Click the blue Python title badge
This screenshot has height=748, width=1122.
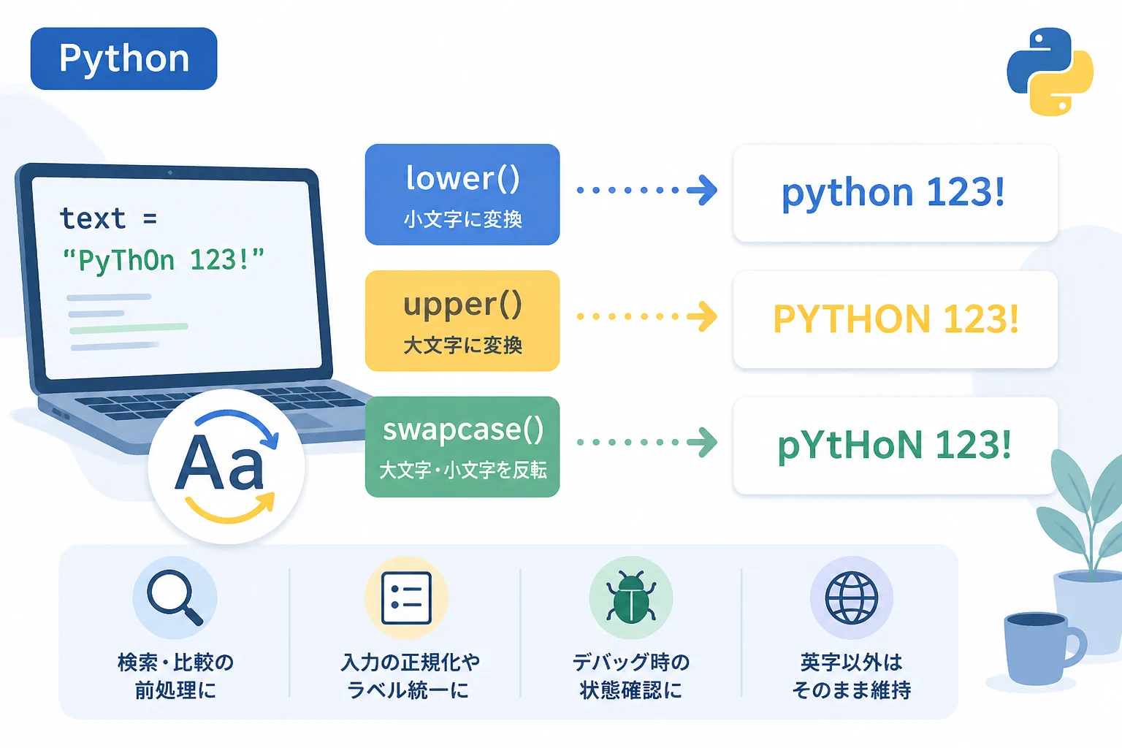point(123,58)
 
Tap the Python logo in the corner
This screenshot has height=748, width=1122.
point(1050,72)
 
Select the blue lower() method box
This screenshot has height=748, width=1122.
point(462,194)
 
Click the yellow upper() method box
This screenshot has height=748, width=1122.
point(462,321)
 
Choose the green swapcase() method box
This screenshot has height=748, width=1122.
point(462,447)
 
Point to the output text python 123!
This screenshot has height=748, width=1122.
point(893,193)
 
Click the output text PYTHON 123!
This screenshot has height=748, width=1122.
point(896,318)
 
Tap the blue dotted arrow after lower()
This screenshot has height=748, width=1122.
point(646,190)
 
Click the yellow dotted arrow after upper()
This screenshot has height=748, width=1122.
point(646,316)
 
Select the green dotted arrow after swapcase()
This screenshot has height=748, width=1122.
point(646,443)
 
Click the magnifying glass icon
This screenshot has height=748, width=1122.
point(175,598)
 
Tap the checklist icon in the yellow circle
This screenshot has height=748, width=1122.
point(406,598)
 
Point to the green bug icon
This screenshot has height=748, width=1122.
point(630,597)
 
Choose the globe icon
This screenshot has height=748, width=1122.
point(852,598)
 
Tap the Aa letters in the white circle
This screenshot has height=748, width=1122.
point(219,463)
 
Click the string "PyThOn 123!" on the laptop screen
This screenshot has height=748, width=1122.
point(163,260)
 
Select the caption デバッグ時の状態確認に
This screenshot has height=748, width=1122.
point(631,676)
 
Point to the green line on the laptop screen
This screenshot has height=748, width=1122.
point(129,328)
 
